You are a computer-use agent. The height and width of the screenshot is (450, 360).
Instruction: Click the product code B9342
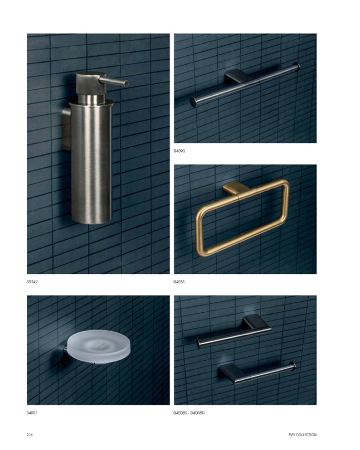click(x=32, y=282)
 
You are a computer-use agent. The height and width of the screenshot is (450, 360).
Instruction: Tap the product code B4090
click(x=179, y=151)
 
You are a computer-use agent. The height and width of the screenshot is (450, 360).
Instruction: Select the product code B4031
click(x=179, y=282)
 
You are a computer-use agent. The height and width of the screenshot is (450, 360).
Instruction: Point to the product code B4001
click(x=32, y=413)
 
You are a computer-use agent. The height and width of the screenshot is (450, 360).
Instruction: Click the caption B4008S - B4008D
click(x=189, y=413)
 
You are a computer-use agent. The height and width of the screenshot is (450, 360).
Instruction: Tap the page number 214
click(x=30, y=435)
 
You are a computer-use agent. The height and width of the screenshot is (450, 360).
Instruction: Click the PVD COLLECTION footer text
click(x=303, y=435)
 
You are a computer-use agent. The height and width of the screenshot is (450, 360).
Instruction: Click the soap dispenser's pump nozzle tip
click(x=127, y=83)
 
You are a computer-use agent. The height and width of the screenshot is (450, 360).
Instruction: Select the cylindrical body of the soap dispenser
click(x=91, y=161)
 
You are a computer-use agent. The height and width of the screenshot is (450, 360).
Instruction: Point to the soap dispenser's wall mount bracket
click(x=66, y=129)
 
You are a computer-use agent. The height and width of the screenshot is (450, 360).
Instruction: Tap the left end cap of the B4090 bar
click(x=193, y=102)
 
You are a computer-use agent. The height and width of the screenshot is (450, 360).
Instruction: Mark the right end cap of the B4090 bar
click(x=298, y=66)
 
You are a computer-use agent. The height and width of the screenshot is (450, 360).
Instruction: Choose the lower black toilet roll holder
click(x=257, y=372)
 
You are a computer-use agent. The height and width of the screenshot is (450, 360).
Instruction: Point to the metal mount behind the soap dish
click(x=65, y=349)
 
